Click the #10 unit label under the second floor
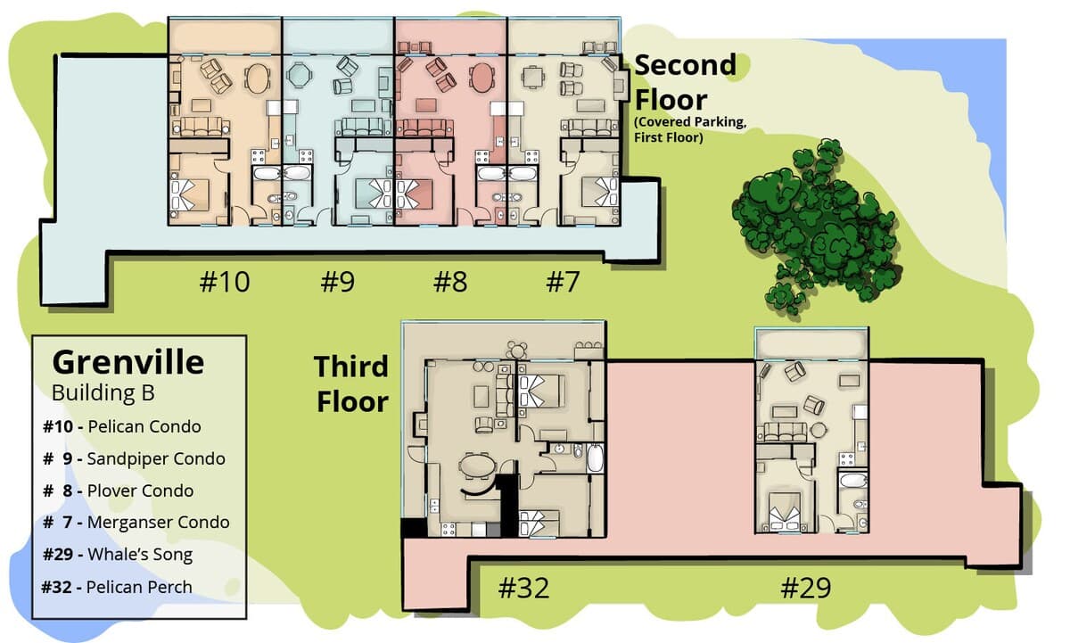point(225,282)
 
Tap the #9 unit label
point(338,282)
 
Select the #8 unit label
point(450,282)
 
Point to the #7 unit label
point(563,282)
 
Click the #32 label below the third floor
point(523,588)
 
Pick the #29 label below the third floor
point(806,588)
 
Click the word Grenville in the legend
point(128,363)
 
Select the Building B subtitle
point(103,393)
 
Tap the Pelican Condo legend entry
point(122,426)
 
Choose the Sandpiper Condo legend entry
point(134,458)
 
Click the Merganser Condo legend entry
point(136,522)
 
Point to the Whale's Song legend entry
point(118,554)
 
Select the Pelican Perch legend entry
point(117,587)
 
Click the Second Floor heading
point(686,82)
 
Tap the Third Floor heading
point(351,384)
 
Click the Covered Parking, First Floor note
point(690,129)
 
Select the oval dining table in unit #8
point(481,78)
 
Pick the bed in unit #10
point(190,195)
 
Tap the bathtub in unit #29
point(853,480)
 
